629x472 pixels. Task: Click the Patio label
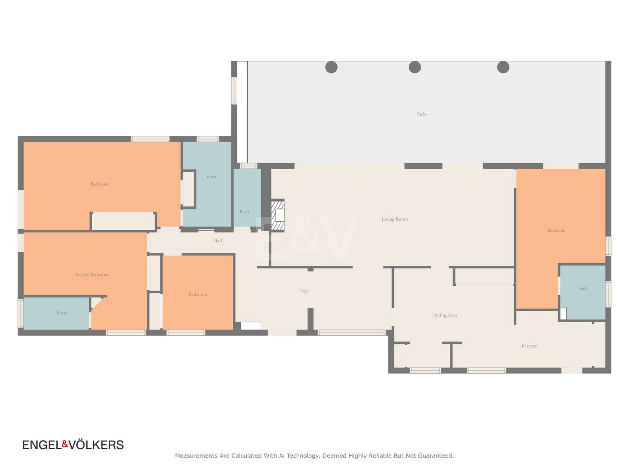coord(421,114)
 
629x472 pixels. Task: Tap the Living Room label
coord(394,219)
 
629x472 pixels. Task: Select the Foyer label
coord(304,291)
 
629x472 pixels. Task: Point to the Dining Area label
coord(444,315)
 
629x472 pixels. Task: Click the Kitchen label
coord(529,346)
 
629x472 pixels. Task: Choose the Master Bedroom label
coord(92,274)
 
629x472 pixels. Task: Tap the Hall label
coord(217,241)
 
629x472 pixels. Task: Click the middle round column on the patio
coord(415,67)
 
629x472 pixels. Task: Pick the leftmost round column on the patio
coord(331,67)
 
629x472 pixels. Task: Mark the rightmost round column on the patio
coord(503,67)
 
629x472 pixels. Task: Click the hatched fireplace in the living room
coord(277,215)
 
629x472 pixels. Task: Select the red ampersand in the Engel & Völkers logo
coord(65,444)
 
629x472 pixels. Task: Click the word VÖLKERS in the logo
coord(96,445)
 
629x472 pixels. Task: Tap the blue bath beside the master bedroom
coord(56,313)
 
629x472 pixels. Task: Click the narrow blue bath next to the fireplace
coord(247,198)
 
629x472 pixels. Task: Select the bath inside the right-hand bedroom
coord(582,292)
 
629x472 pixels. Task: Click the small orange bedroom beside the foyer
coord(198,293)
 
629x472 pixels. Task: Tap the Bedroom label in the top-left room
coord(100,184)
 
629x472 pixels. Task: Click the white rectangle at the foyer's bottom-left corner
coord(250,326)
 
